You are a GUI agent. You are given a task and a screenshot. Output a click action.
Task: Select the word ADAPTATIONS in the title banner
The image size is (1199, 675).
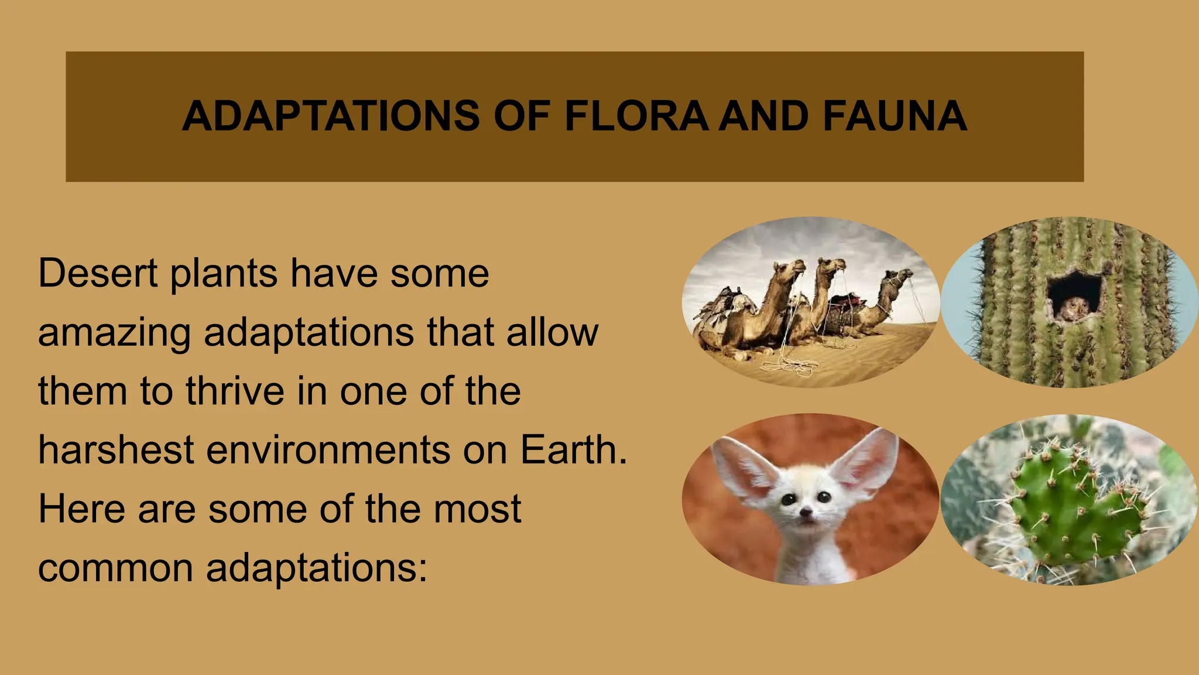331,116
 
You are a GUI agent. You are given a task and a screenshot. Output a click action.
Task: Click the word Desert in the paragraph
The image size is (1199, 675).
98,273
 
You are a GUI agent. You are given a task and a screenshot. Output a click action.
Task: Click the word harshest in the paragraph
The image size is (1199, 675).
116,449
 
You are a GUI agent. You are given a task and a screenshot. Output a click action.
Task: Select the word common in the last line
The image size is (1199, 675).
115,568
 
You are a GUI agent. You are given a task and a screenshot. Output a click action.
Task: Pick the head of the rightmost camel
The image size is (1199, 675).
902,275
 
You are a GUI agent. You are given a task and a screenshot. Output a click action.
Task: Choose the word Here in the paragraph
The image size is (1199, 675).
81,509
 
